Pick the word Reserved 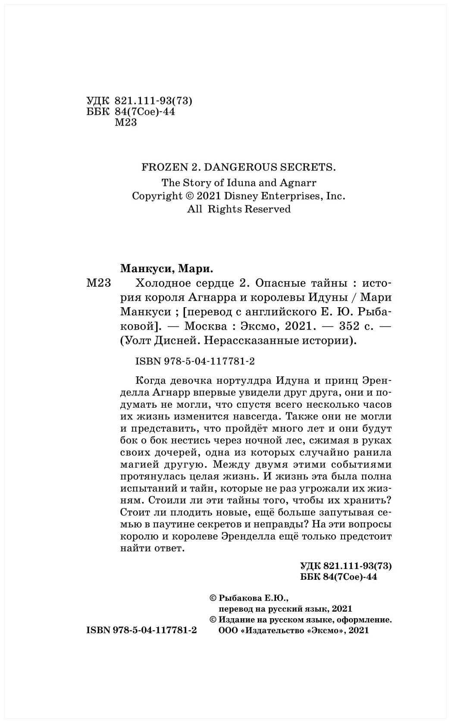tap(268, 209)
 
